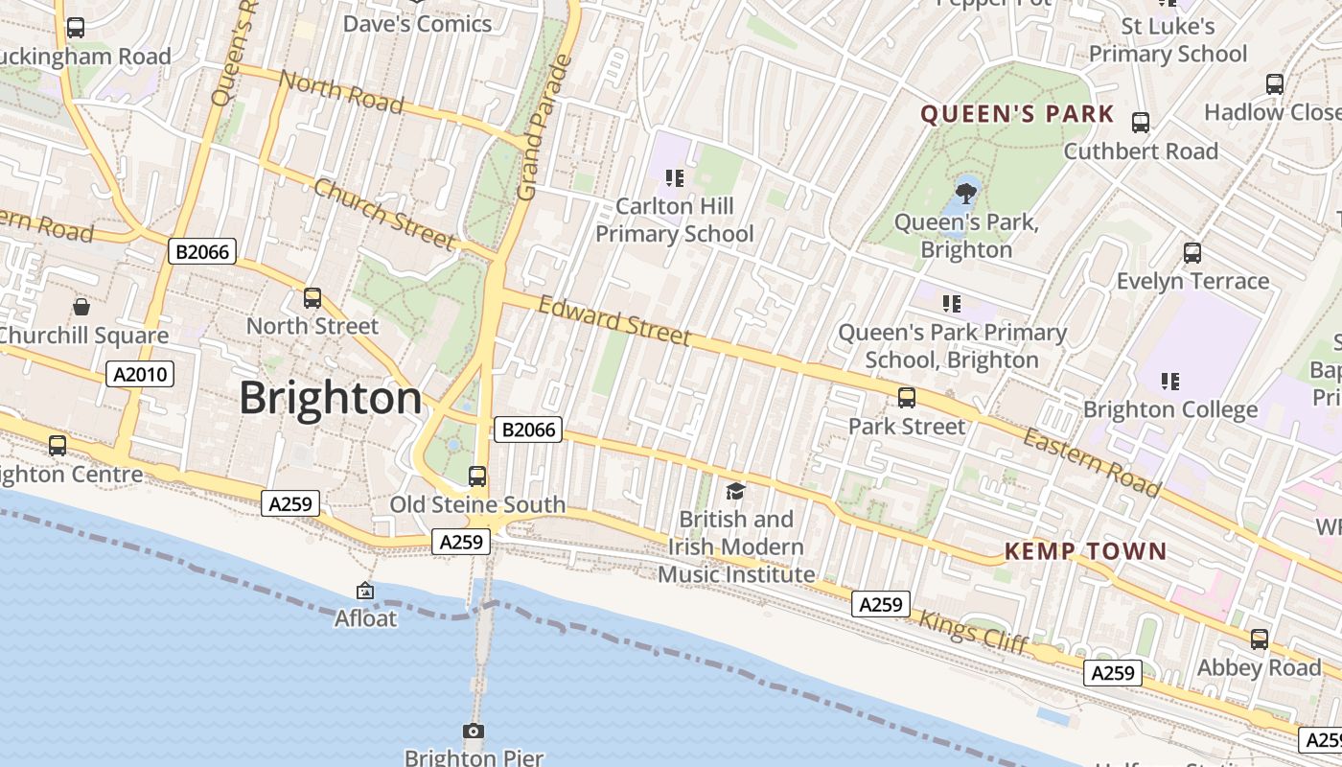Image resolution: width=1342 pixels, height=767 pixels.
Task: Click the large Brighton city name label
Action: point(330,397)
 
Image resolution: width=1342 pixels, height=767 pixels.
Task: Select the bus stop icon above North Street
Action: point(312,298)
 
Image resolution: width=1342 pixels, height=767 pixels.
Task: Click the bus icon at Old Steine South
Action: point(476,476)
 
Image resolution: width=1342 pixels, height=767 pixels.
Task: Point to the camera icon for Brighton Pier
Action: point(473,732)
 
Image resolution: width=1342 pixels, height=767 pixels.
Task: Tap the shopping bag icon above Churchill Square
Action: point(81,308)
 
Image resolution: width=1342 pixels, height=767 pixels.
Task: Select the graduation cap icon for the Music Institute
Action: point(735,492)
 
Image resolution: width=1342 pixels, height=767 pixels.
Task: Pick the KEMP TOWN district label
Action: point(1085,551)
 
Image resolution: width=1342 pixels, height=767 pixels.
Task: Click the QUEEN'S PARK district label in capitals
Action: point(1017,115)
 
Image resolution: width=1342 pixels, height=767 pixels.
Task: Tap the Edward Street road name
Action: point(613,321)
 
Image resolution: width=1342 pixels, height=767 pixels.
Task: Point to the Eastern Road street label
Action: point(1091,462)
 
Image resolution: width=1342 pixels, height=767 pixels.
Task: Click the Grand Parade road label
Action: point(544,128)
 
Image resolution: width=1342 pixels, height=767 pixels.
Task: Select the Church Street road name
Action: point(383,214)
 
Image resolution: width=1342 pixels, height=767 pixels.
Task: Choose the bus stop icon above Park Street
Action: point(907,398)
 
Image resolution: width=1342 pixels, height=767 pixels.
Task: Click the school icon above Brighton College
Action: point(1169,382)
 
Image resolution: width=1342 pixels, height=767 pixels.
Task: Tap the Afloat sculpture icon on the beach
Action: point(364,592)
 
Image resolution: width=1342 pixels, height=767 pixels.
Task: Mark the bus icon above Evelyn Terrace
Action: point(1192,253)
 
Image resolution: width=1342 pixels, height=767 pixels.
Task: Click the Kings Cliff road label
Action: point(973,633)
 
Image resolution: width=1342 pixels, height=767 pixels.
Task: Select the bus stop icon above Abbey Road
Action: point(1259,639)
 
